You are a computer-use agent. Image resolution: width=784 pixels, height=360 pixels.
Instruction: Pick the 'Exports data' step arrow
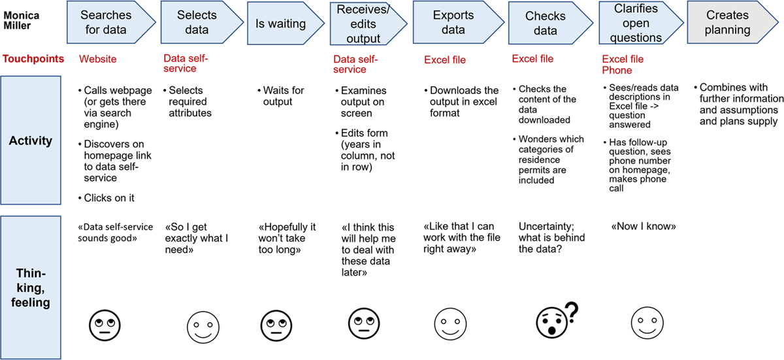point(449,22)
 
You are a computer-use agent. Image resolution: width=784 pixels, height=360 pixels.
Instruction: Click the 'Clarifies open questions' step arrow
point(629,22)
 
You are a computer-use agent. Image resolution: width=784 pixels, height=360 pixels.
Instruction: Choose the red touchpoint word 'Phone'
point(617,70)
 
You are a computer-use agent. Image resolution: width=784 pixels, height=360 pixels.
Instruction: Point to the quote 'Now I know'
point(643,227)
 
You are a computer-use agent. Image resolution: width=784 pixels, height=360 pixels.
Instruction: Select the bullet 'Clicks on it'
point(111,197)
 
